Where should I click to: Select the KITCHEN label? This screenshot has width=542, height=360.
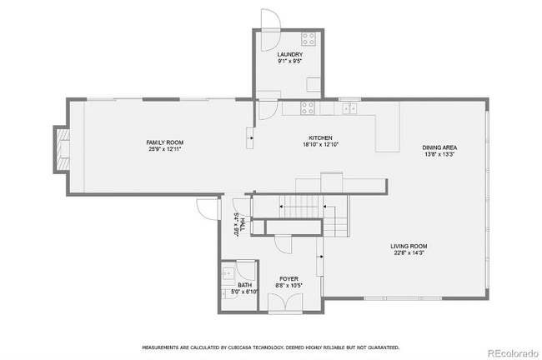[321, 137]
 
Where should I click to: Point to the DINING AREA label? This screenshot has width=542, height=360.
[439, 147]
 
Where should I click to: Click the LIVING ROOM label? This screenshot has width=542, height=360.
[409, 246]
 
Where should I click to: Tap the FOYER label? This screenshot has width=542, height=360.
[288, 279]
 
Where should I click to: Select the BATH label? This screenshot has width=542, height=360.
[244, 285]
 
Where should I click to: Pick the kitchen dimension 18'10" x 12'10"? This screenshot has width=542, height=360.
[321, 144]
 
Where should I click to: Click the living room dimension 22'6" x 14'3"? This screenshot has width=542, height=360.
[409, 252]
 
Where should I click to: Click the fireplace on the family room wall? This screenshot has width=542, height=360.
[61, 148]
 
